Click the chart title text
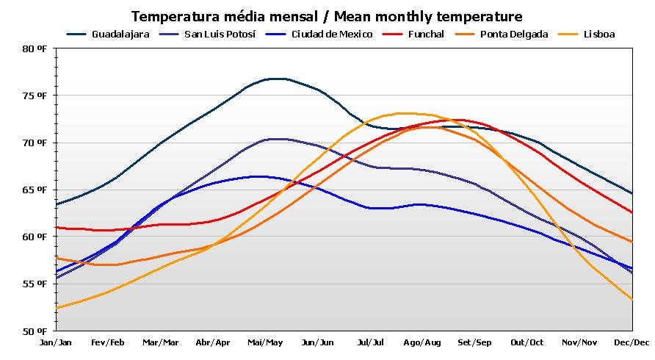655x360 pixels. click(327, 16)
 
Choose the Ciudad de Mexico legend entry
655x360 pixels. click(330, 34)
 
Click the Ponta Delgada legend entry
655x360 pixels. click(514, 34)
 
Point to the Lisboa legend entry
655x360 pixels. click(598, 34)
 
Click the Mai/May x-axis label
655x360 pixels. click(265, 342)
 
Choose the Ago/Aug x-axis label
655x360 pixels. click(422, 342)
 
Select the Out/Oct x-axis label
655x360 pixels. click(526, 342)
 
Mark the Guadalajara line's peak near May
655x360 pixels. click(275, 78)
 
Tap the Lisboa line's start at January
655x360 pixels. click(57, 308)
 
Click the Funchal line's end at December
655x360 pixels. click(632, 212)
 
